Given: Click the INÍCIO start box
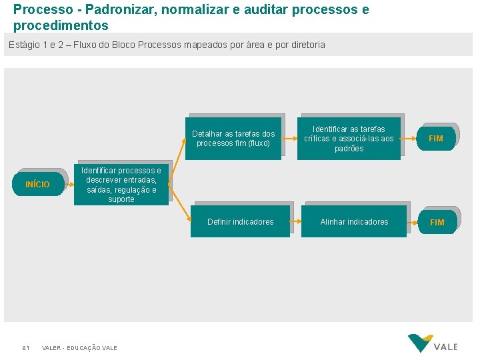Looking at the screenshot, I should click(38, 184).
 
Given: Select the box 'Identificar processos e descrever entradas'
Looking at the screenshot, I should click(121, 185).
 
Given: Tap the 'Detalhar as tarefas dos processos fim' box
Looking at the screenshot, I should click(233, 139).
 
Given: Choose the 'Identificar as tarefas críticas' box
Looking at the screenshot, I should click(349, 139).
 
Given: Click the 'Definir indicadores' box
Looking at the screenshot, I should click(240, 222).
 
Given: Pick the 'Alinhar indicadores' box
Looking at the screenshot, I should click(354, 222).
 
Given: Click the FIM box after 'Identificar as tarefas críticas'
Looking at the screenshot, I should click(436, 139).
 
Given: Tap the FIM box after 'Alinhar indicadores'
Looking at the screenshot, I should click(437, 223).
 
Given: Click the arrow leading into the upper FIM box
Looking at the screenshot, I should click(409, 139).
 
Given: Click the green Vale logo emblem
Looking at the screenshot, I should click(421, 343).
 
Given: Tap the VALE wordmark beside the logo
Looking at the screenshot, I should click(446, 347).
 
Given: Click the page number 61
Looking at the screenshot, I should click(25, 348).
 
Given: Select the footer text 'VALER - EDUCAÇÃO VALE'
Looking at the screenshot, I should click(79, 348).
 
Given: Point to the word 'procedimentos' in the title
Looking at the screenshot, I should click(60, 26).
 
